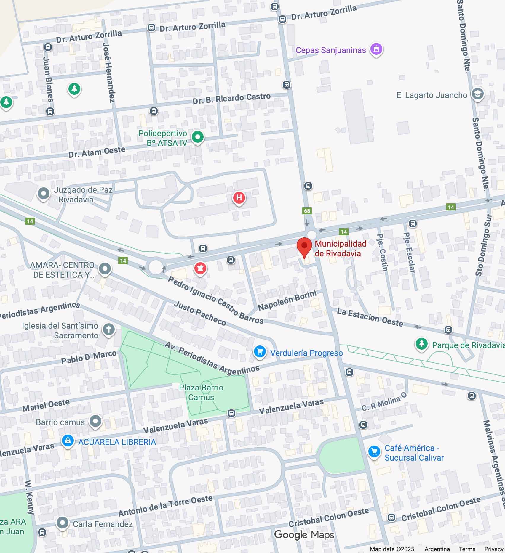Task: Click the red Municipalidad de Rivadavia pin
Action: coord(304,247)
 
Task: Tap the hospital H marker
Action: coord(239,197)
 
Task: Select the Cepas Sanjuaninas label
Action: coord(331,50)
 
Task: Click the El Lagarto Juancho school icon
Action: coord(477,94)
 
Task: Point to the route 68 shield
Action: coord(307,211)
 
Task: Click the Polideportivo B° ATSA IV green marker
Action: coord(197,137)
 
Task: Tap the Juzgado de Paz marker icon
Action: coord(44,194)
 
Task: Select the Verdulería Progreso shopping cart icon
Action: coord(260,352)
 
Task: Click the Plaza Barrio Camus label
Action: coord(201,392)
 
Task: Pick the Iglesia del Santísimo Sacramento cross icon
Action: coord(108,329)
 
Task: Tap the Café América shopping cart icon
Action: coord(374,452)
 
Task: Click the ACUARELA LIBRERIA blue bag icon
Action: coord(68,441)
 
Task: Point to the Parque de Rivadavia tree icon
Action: coord(421,344)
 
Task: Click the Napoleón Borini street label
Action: coord(287,300)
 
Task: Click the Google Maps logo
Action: coord(304,534)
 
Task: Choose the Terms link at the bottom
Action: coord(467,549)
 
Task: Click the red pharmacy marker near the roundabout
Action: coord(200,268)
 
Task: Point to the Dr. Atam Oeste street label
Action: coord(97,152)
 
